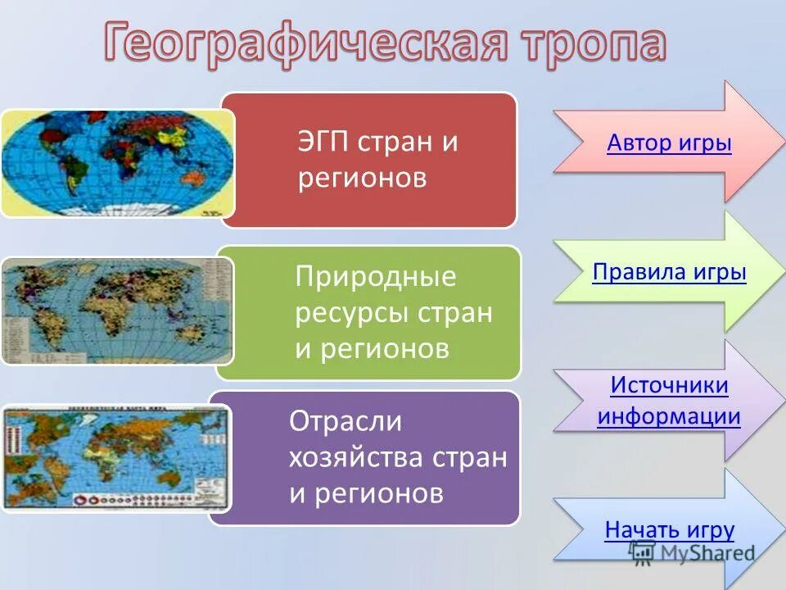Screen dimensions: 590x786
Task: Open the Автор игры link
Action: [669, 144]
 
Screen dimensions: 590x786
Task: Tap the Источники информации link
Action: [669, 401]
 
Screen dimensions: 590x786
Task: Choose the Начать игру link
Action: [669, 529]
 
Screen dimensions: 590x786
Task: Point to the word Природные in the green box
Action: [375, 277]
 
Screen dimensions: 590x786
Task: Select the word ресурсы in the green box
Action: [354, 313]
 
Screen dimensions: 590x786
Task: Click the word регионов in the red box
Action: [362, 178]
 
